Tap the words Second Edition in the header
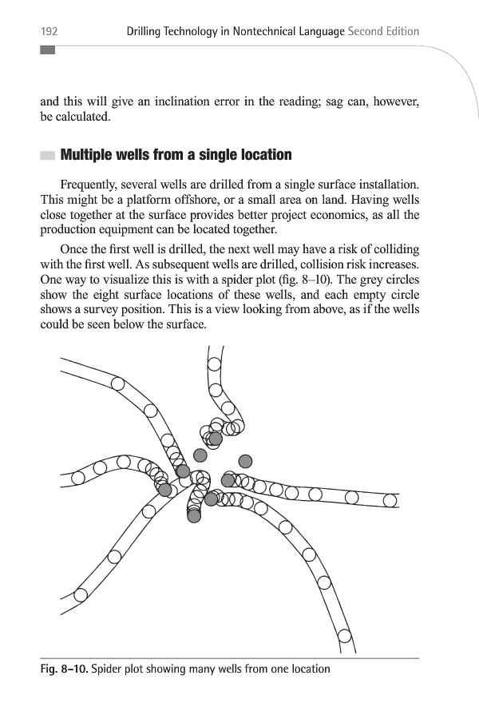[384, 31]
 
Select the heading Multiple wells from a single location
[176, 154]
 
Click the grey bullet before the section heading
[48, 155]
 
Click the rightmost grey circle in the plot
[246, 460]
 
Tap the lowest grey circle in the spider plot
[194, 516]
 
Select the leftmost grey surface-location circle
[165, 490]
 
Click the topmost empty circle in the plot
[214, 364]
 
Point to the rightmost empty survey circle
[390, 500]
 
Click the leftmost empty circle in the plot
[77, 478]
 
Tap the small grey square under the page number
[48, 50]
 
